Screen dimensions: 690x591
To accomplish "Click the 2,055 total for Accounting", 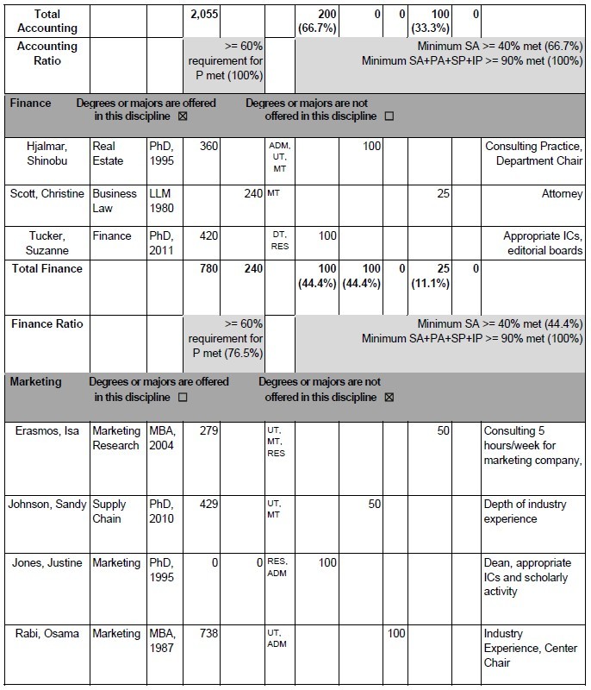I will pyautogui.click(x=205, y=15).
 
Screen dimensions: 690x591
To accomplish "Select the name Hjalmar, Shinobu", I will pyautogui.click(x=47, y=154).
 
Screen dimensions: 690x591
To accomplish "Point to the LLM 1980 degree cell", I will pyautogui.click(x=163, y=201).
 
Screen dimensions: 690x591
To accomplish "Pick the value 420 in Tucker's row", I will pyautogui.click(x=207, y=235).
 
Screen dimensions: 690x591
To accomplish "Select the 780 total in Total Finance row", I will pyautogui.click(x=208, y=268).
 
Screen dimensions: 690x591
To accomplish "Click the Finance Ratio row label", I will pyautogui.click(x=47, y=323).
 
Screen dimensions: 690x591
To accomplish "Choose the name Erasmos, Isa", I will pyautogui.click(x=47, y=430).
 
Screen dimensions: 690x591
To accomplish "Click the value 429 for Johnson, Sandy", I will pyautogui.click(x=207, y=505).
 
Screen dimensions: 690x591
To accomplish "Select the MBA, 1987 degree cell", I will pyautogui.click(x=163, y=641).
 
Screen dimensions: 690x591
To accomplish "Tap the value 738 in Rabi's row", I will pyautogui.click(x=207, y=634).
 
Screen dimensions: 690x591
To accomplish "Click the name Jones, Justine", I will pyautogui.click(x=47, y=563).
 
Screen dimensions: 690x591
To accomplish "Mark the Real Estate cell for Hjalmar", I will pyautogui.click(x=109, y=154).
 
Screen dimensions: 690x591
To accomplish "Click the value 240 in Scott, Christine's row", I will pyautogui.click(x=252, y=194).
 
